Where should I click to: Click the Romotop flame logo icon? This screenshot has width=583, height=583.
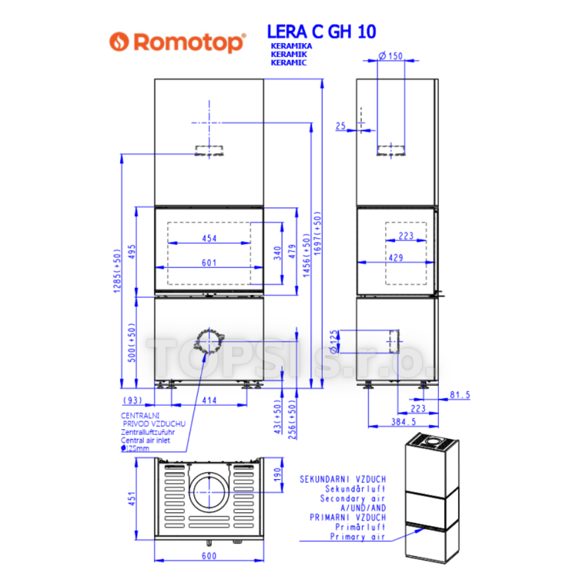coord(119,42)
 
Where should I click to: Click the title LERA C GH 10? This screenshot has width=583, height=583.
coord(322,32)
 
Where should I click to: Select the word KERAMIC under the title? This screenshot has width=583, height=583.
coord(289,63)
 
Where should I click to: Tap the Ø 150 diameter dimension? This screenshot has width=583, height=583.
coord(390,56)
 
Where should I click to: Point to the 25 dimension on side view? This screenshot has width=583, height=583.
coord(341,126)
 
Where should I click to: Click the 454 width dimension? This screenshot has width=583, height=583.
coord(210,239)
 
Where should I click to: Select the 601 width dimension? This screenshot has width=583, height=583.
coord(209,263)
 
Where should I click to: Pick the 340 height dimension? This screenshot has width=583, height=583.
coord(277,253)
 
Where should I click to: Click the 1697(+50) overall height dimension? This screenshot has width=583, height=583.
coord(317,234)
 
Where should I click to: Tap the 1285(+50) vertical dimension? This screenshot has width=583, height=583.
coord(117,271)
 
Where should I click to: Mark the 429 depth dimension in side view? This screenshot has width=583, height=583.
coord(396,258)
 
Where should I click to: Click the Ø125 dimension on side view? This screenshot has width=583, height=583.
coord(334,342)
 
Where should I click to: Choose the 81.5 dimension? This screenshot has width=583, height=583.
coord(460,395)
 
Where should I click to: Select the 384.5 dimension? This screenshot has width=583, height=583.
coord(404,421)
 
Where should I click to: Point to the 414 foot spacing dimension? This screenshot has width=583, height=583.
coord(210,400)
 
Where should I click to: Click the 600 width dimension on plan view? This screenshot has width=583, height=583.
coord(209,555)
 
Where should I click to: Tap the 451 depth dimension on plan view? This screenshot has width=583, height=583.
coord(132,498)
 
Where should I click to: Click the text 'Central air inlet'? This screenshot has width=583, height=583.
coord(145,440)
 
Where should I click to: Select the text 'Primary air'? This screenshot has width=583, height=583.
coord(358,536)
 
